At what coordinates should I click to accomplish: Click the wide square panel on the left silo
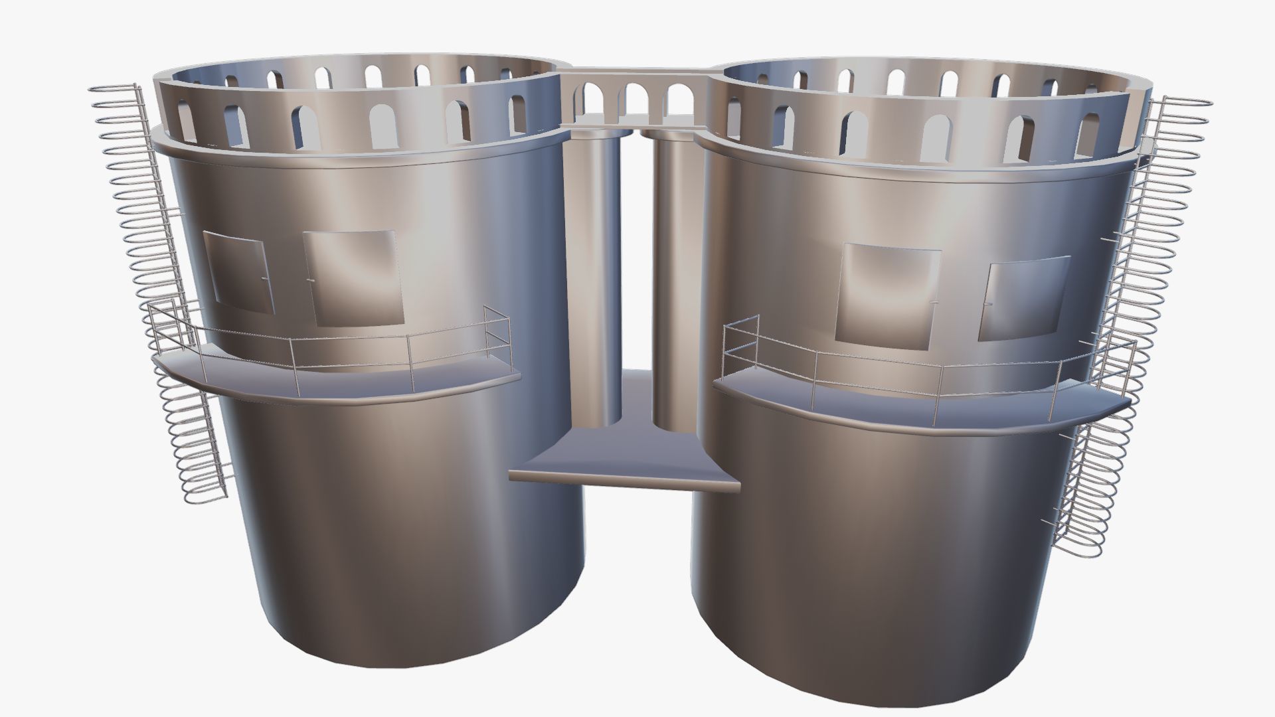tap(353, 278)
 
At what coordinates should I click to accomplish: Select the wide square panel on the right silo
tap(889, 295)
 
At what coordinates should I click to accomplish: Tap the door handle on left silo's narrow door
tap(265, 278)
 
